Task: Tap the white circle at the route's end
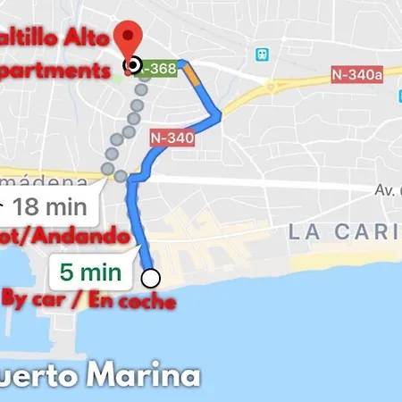151,277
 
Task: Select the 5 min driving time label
93,267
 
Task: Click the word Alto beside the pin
88,39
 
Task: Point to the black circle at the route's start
134,64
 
